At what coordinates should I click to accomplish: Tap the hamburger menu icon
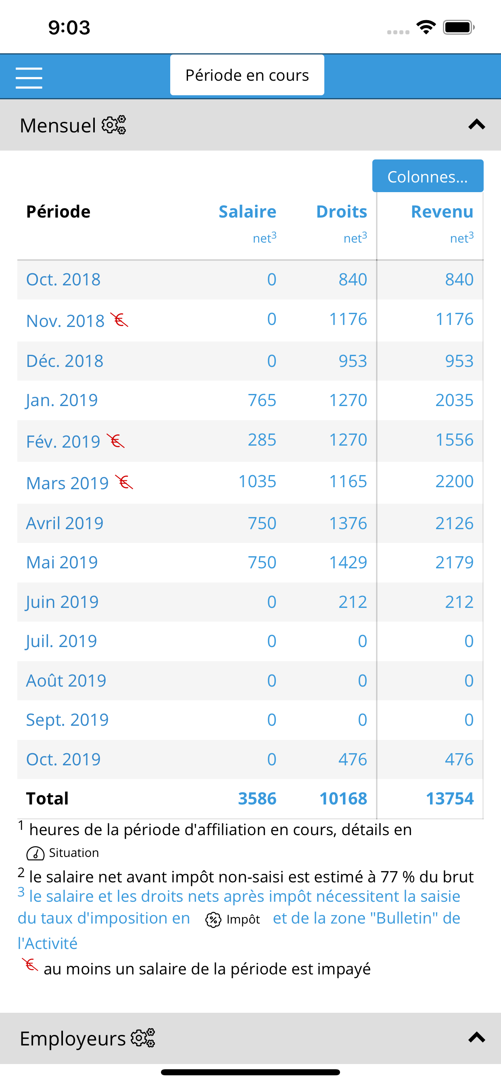click(x=29, y=78)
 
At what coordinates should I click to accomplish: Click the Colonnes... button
click(x=427, y=176)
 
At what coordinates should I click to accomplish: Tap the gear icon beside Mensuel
click(x=114, y=125)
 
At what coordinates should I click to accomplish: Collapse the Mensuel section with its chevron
click(x=476, y=125)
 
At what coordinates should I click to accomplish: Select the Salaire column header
click(x=247, y=212)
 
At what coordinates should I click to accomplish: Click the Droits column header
click(x=341, y=212)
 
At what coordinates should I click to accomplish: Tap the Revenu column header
click(x=442, y=212)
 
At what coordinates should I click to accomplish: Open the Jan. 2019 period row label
click(x=62, y=400)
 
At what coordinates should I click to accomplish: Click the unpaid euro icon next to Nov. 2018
click(x=119, y=320)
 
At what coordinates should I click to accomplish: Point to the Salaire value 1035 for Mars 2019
click(x=257, y=481)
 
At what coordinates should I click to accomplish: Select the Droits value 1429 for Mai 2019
click(x=348, y=562)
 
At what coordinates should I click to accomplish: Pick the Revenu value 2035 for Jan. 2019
click(x=454, y=400)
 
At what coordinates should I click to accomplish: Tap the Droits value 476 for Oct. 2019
click(x=353, y=759)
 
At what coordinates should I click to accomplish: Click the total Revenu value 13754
click(x=450, y=798)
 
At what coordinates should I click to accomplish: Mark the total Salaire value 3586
click(x=257, y=798)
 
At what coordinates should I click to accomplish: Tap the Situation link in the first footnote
click(x=63, y=853)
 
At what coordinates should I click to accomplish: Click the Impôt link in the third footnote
click(x=232, y=920)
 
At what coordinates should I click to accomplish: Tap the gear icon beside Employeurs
click(x=143, y=1038)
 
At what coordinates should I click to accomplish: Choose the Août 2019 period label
click(x=66, y=681)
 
